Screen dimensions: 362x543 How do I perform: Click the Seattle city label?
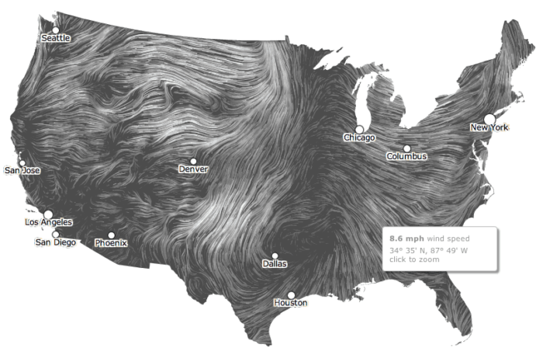55,37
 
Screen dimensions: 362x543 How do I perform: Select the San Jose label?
22,170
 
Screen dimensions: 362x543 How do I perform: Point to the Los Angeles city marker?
47,214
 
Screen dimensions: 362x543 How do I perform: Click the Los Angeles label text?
48,223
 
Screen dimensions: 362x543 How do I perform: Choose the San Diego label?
56,242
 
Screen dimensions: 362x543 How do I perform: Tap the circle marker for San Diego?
55,234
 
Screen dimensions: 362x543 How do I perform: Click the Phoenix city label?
111,243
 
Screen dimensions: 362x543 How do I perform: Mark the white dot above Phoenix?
111,235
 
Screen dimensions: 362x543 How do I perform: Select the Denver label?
193,169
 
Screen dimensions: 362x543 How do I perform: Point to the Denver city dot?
193,161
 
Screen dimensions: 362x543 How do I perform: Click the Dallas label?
274,264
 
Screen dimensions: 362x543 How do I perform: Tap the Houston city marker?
291,294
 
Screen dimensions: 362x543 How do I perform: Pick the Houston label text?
291,303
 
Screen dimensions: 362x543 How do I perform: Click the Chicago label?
359,137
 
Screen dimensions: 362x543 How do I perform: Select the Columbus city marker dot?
406,148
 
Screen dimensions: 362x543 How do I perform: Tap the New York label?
489,127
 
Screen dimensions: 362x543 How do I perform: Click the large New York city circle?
489,118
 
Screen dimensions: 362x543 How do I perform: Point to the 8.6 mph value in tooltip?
406,238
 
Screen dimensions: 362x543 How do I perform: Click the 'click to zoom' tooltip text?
414,259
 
